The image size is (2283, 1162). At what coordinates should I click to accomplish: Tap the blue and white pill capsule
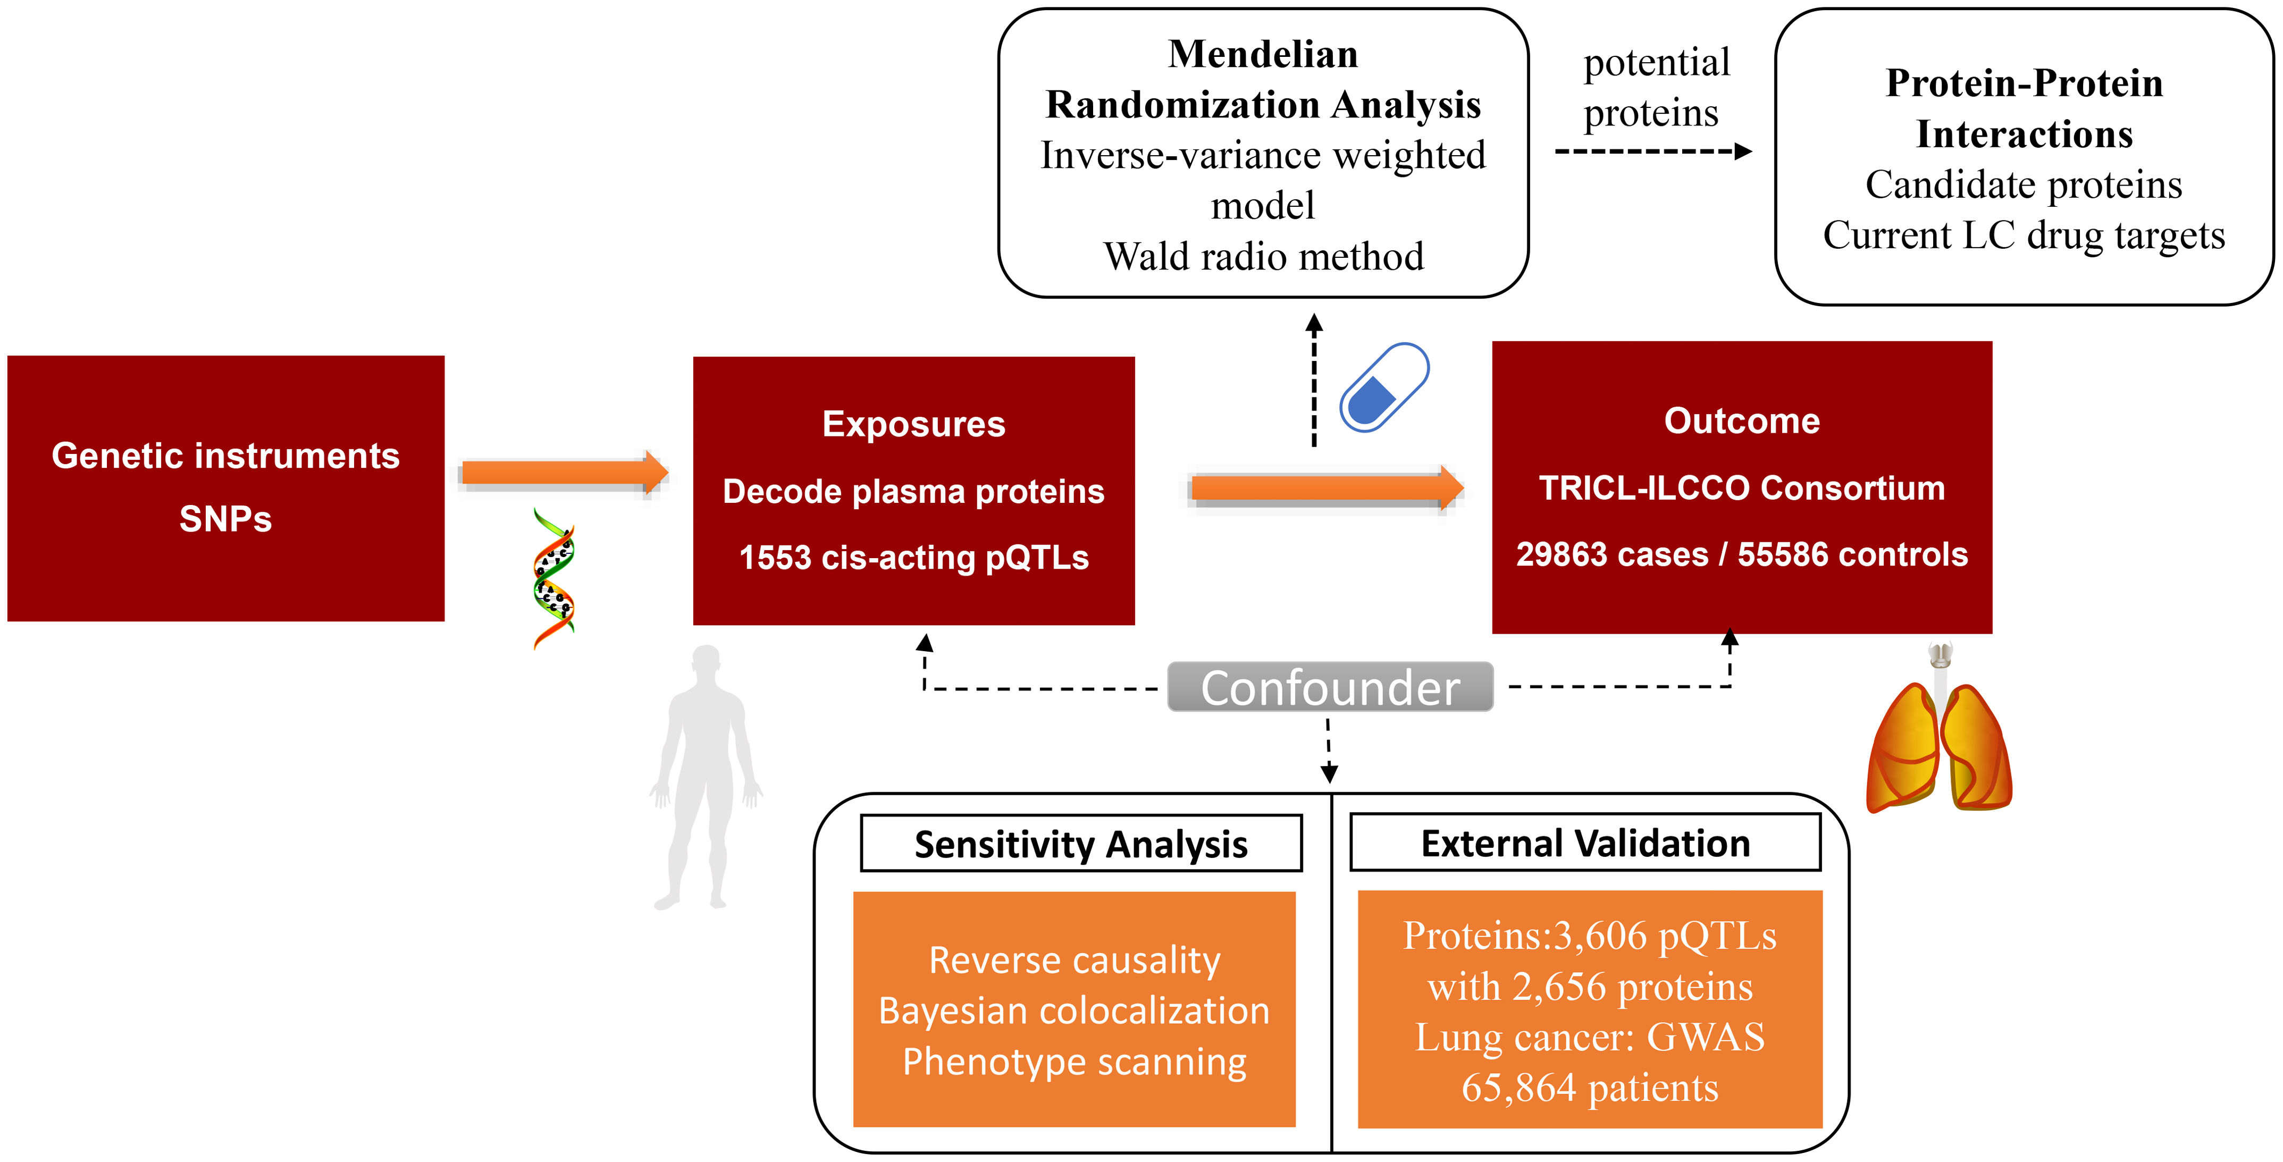click(x=1383, y=388)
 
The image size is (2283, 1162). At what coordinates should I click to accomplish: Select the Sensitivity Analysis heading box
click(x=1080, y=843)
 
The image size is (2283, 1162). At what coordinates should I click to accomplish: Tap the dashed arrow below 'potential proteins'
click(x=1653, y=151)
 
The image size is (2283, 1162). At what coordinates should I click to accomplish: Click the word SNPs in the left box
click(x=225, y=518)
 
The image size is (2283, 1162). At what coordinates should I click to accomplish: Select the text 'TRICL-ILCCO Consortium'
click(x=1742, y=489)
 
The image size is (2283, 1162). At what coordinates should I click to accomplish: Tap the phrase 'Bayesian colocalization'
click(x=1073, y=1011)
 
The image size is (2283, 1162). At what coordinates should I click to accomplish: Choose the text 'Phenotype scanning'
click(x=1073, y=1061)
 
